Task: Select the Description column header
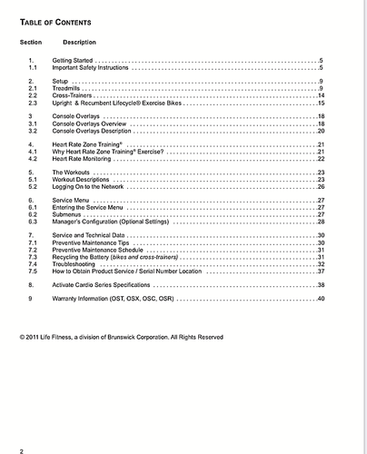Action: point(80,43)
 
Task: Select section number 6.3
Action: point(33,222)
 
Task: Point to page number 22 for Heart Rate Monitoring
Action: point(321,159)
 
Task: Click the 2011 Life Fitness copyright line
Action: point(121,337)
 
